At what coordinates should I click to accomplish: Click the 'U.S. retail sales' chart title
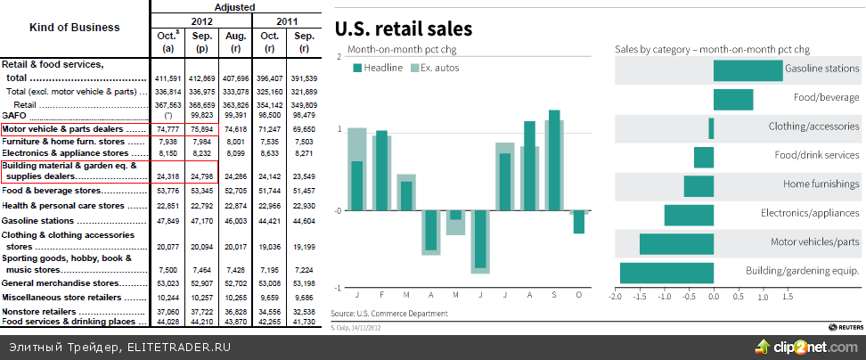[x=402, y=28]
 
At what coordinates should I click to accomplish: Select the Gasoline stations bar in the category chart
[x=748, y=71]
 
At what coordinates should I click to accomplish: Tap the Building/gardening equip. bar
[x=666, y=273]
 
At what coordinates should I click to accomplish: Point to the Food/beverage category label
[x=826, y=98]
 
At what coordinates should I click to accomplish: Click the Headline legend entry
[x=378, y=68]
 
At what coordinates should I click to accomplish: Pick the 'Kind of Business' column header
[x=75, y=28]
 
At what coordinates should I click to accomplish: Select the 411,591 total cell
[x=168, y=78]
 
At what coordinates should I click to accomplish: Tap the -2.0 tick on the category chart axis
[x=615, y=294]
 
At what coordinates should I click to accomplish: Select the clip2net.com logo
[x=807, y=345]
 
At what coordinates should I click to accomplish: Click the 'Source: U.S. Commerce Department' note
[x=388, y=314]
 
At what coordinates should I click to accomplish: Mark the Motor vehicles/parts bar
[x=676, y=244]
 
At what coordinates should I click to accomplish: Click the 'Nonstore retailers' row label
[x=39, y=312]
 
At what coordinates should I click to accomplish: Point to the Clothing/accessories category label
[x=813, y=127]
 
